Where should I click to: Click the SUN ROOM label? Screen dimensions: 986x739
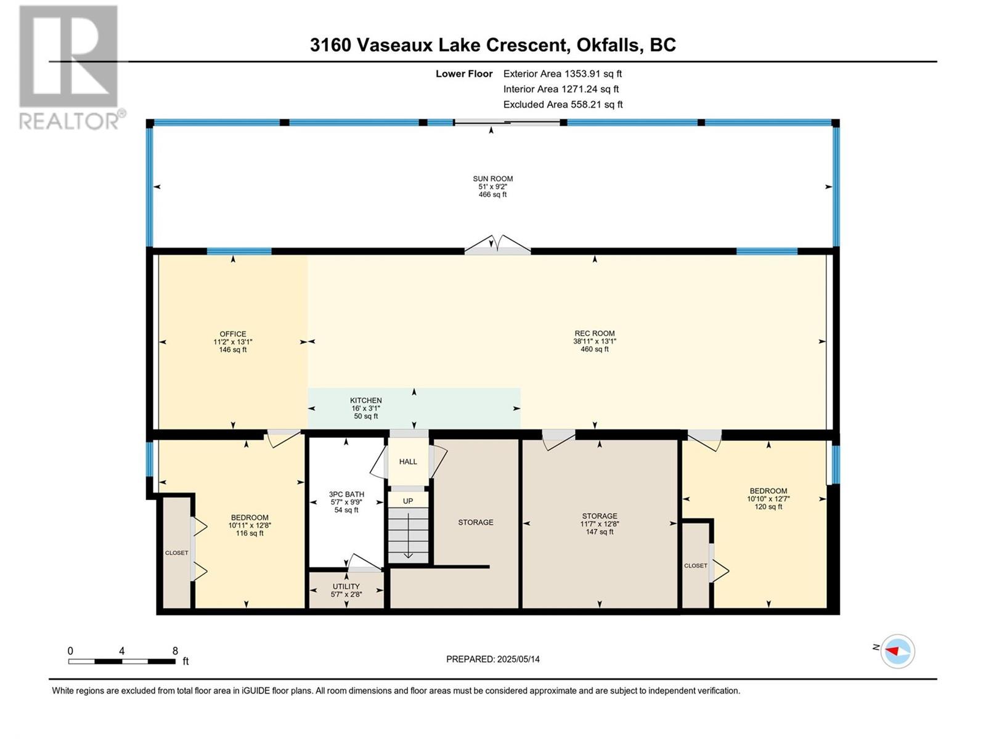(x=492, y=179)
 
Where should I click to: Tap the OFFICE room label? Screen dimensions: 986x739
(x=233, y=334)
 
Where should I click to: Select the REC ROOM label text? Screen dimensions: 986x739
(x=594, y=333)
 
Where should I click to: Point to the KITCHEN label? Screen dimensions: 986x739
(x=365, y=400)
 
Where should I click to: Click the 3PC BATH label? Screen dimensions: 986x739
(x=346, y=495)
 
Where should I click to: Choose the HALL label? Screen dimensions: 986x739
(x=408, y=461)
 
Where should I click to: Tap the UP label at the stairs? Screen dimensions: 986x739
(x=408, y=501)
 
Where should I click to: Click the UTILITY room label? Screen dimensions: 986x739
(x=346, y=586)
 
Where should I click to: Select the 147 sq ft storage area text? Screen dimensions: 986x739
(x=600, y=531)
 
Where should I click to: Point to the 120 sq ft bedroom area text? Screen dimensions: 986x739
(x=768, y=507)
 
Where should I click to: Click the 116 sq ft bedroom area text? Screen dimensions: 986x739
(x=250, y=533)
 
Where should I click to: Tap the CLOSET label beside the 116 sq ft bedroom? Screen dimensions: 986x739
(x=176, y=553)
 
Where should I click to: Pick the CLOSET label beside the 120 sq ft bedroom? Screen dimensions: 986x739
(x=695, y=566)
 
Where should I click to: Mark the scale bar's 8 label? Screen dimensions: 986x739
(x=175, y=650)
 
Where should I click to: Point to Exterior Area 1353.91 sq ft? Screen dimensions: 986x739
(x=563, y=73)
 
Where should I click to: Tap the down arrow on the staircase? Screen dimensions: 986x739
(x=408, y=536)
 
